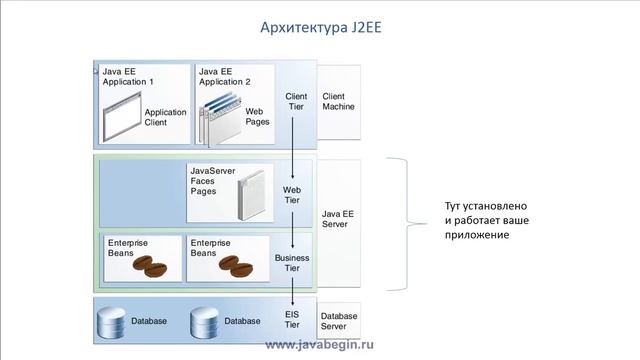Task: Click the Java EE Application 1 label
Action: pos(128,76)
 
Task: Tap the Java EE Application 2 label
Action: pos(225,76)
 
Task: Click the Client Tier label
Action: pos(295,102)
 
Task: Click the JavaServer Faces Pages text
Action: pos(208,181)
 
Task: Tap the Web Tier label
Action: pos(292,194)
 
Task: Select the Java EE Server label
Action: pos(338,219)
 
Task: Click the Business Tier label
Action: pos(293,263)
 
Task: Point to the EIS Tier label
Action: pos(292,318)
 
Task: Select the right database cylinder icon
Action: pos(205,321)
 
